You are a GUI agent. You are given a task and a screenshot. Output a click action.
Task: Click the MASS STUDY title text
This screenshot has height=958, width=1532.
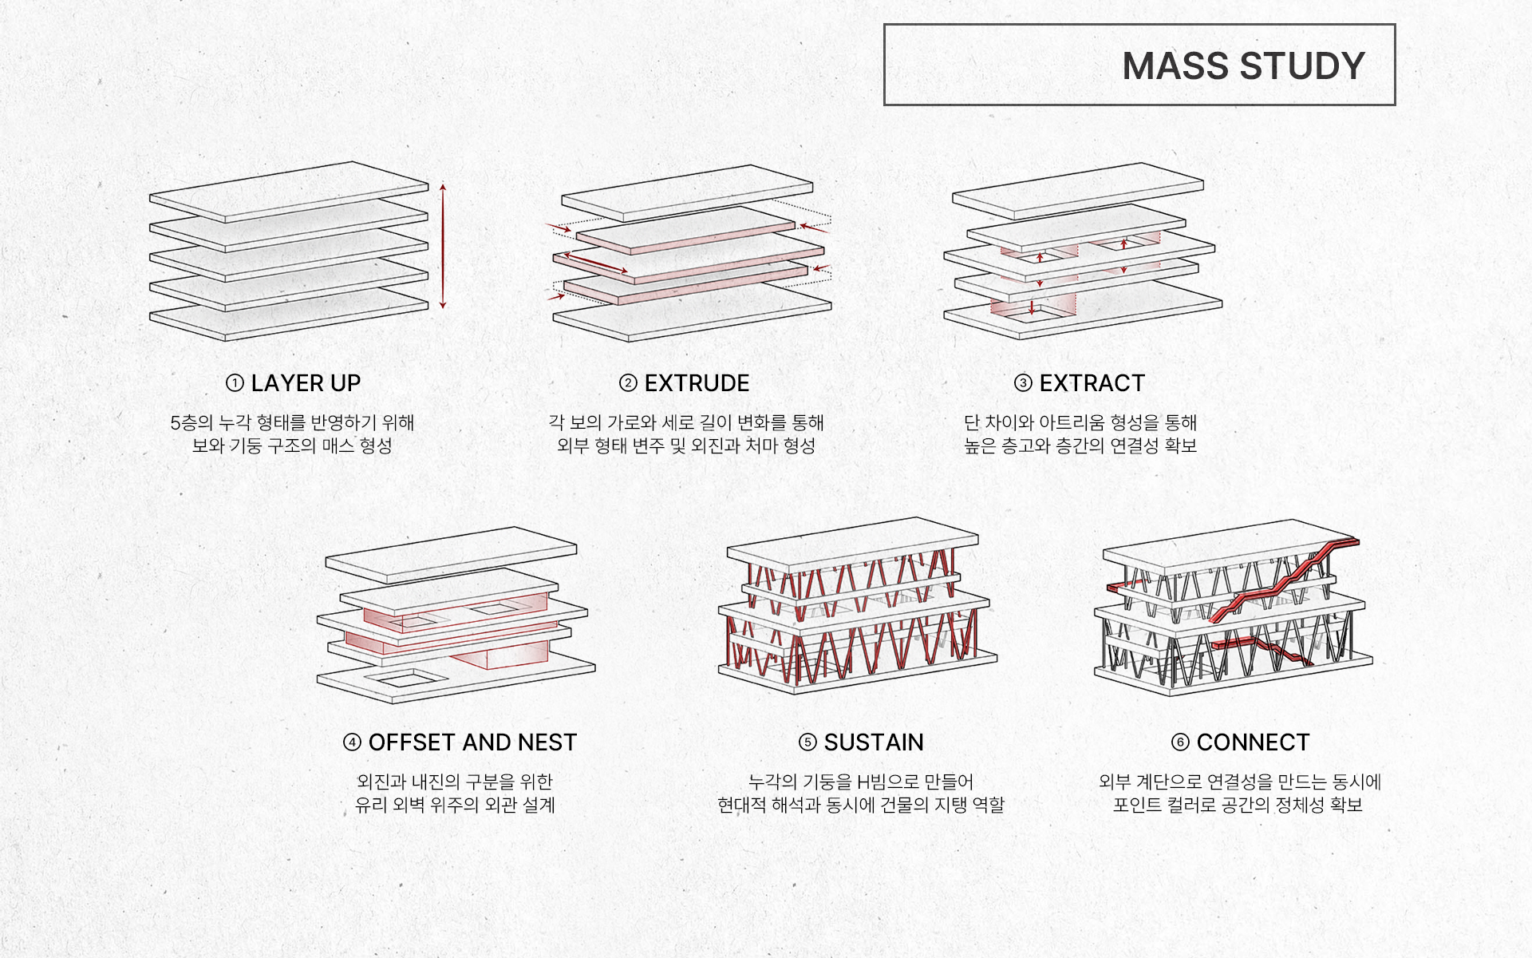click(1243, 65)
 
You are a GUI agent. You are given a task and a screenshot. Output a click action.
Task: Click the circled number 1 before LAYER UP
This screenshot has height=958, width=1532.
click(235, 383)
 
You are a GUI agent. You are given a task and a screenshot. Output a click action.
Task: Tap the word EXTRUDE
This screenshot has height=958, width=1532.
click(697, 383)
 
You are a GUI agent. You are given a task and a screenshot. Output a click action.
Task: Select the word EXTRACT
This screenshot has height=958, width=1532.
click(1092, 383)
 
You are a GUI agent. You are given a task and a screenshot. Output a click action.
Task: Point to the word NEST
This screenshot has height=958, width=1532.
click(547, 742)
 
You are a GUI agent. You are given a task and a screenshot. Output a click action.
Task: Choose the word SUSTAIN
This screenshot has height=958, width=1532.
click(874, 742)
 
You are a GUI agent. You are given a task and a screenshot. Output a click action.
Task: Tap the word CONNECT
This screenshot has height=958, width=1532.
click(1253, 742)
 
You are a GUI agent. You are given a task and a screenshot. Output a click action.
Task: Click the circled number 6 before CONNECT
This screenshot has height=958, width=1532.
click(1180, 742)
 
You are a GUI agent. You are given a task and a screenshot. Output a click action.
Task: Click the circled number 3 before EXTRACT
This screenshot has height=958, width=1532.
click(1023, 383)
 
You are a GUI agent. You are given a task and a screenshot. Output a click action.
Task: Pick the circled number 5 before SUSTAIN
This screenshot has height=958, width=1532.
click(807, 742)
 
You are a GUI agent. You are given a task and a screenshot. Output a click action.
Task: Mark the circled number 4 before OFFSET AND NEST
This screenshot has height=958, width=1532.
click(352, 742)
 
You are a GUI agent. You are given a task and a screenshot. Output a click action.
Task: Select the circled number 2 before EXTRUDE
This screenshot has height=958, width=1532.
click(628, 383)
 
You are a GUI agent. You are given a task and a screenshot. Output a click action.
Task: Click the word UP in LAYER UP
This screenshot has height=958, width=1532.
click(345, 383)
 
